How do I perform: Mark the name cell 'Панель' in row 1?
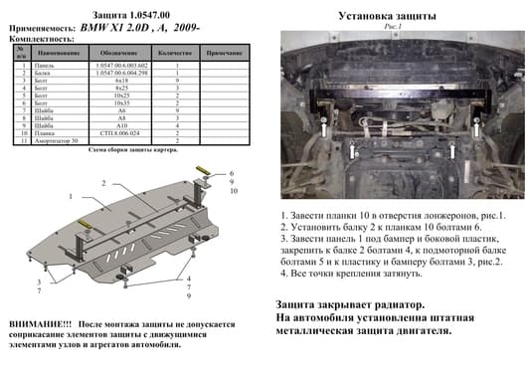point(45,64)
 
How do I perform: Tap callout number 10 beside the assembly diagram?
point(232,191)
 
